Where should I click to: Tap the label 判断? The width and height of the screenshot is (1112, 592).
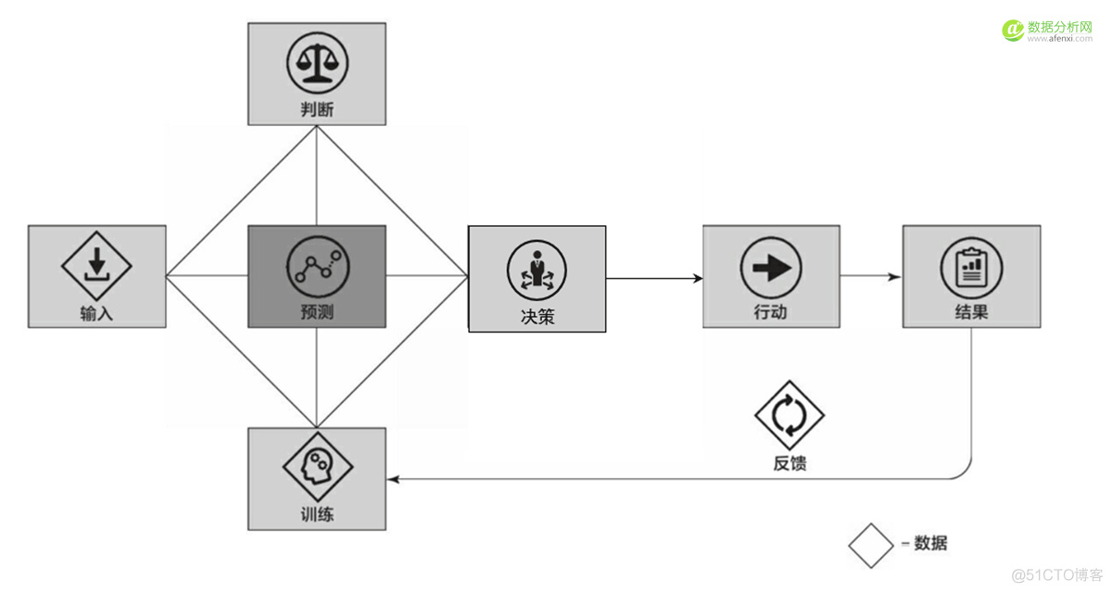[317, 109]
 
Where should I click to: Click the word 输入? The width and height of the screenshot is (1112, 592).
[96, 313]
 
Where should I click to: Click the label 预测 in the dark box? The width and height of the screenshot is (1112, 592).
[317, 313]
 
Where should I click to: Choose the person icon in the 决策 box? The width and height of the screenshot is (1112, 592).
[537, 269]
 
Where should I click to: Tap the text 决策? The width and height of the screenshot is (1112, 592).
[537, 316]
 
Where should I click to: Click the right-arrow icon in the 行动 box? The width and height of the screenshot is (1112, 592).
[771, 268]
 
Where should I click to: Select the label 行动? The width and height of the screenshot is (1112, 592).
[771, 312]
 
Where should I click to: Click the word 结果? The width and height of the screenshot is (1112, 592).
[971, 312]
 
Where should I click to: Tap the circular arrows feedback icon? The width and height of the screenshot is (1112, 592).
[790, 414]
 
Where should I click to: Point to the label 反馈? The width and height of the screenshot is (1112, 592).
[790, 463]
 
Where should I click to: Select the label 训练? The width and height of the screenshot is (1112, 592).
[317, 514]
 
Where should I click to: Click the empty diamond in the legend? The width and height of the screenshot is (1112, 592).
[871, 545]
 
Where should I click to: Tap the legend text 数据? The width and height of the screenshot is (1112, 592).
[930, 544]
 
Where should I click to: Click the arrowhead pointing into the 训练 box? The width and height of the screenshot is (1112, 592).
[393, 479]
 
